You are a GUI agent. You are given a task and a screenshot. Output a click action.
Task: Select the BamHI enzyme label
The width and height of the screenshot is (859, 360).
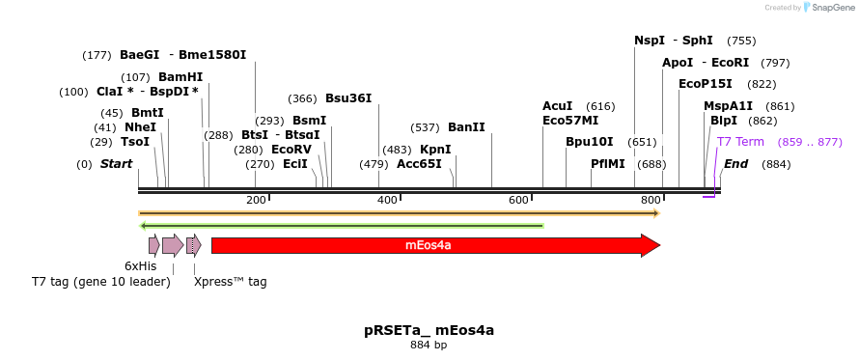coord(180,77)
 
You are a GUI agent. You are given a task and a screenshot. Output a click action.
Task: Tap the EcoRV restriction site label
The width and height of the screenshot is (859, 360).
coord(291,150)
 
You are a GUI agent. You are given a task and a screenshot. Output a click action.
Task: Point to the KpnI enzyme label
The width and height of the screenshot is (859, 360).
coord(434,150)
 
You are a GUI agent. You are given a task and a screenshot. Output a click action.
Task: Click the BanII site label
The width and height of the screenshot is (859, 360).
coord(466,127)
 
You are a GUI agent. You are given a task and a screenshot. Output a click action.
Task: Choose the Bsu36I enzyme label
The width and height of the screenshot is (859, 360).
coord(347,98)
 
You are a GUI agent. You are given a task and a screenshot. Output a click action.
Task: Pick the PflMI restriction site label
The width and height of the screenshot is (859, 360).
coord(608,164)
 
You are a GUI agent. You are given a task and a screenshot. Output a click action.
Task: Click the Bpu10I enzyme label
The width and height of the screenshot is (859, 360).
coord(589,142)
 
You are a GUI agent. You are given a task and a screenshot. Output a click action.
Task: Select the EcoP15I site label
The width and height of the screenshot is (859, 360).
coord(706,84)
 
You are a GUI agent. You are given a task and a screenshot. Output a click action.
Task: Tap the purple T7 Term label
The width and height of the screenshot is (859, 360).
coord(740,142)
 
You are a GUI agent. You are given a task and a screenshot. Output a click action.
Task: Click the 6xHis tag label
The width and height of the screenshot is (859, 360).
coord(141,266)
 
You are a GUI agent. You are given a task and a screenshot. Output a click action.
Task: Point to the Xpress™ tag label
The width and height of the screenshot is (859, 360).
coord(230,282)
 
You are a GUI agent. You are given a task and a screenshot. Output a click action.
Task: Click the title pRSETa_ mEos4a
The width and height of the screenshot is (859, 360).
coord(429,330)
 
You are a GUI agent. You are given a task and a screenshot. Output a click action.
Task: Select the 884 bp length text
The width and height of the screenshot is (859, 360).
coord(429,345)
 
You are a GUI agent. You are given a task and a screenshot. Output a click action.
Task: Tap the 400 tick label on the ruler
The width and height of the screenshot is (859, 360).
coord(387,200)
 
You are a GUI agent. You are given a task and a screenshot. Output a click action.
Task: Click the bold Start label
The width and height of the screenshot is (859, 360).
coord(116,164)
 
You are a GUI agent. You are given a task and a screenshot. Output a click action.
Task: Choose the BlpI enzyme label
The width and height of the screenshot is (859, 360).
coord(723,121)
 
